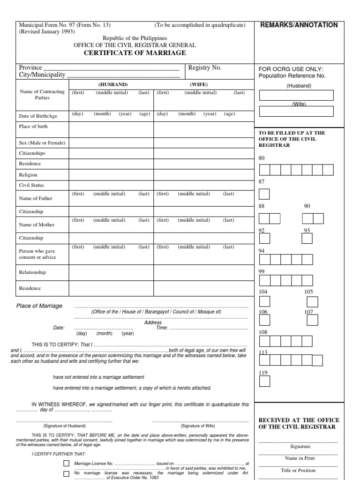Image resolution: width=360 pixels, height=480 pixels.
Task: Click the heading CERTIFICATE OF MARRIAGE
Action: (x=135, y=53)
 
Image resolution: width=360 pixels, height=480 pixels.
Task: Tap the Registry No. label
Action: (x=205, y=68)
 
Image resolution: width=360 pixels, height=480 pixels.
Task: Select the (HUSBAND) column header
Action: (x=112, y=84)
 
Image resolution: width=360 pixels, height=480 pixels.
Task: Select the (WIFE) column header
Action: (x=199, y=84)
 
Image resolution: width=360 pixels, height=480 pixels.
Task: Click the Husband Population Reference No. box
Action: (x=296, y=95)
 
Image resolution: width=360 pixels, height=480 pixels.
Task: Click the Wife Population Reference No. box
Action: (x=296, y=111)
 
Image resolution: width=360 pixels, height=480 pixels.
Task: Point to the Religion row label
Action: (x=28, y=175)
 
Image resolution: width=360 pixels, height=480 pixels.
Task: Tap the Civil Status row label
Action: (x=31, y=185)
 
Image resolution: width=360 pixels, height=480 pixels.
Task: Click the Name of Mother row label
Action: (x=37, y=225)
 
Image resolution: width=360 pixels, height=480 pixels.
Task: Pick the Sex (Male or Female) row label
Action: (x=42, y=142)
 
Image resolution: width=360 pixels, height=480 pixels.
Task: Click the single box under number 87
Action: (x=264, y=194)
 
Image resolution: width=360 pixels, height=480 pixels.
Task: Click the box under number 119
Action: (x=264, y=382)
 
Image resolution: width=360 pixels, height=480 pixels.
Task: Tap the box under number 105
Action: (x=312, y=302)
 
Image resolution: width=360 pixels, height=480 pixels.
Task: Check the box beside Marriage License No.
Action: (x=66, y=464)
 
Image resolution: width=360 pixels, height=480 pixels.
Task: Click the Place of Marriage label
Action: (x=39, y=306)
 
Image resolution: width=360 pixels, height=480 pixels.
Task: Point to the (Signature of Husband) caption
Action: (x=65, y=426)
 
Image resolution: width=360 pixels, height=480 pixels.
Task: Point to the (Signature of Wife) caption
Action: (x=197, y=426)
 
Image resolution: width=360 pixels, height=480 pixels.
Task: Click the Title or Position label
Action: (x=298, y=470)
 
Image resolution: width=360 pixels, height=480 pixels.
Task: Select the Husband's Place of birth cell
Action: (x=112, y=130)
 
